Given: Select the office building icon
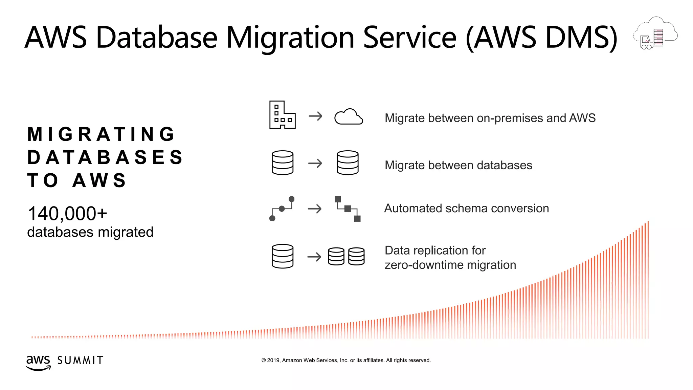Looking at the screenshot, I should tap(282, 115).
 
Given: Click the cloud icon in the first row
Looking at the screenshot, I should tap(349, 117).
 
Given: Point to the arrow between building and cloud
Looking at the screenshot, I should tap(315, 116).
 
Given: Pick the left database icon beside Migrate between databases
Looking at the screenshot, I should tap(282, 163).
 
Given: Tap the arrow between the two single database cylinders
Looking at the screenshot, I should tap(315, 164).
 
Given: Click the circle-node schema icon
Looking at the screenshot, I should tap(282, 209).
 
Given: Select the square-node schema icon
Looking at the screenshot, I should tap(348, 209).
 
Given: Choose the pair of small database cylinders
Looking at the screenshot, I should tap(346, 256).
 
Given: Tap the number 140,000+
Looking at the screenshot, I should tap(67, 214).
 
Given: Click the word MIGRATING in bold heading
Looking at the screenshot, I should tap(101, 134).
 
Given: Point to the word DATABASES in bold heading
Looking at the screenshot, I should tap(105, 157).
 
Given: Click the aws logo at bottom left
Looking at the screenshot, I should tap(38, 362).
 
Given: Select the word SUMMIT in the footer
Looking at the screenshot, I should tap(80, 361).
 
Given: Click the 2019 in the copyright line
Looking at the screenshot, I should tap(273, 361).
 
